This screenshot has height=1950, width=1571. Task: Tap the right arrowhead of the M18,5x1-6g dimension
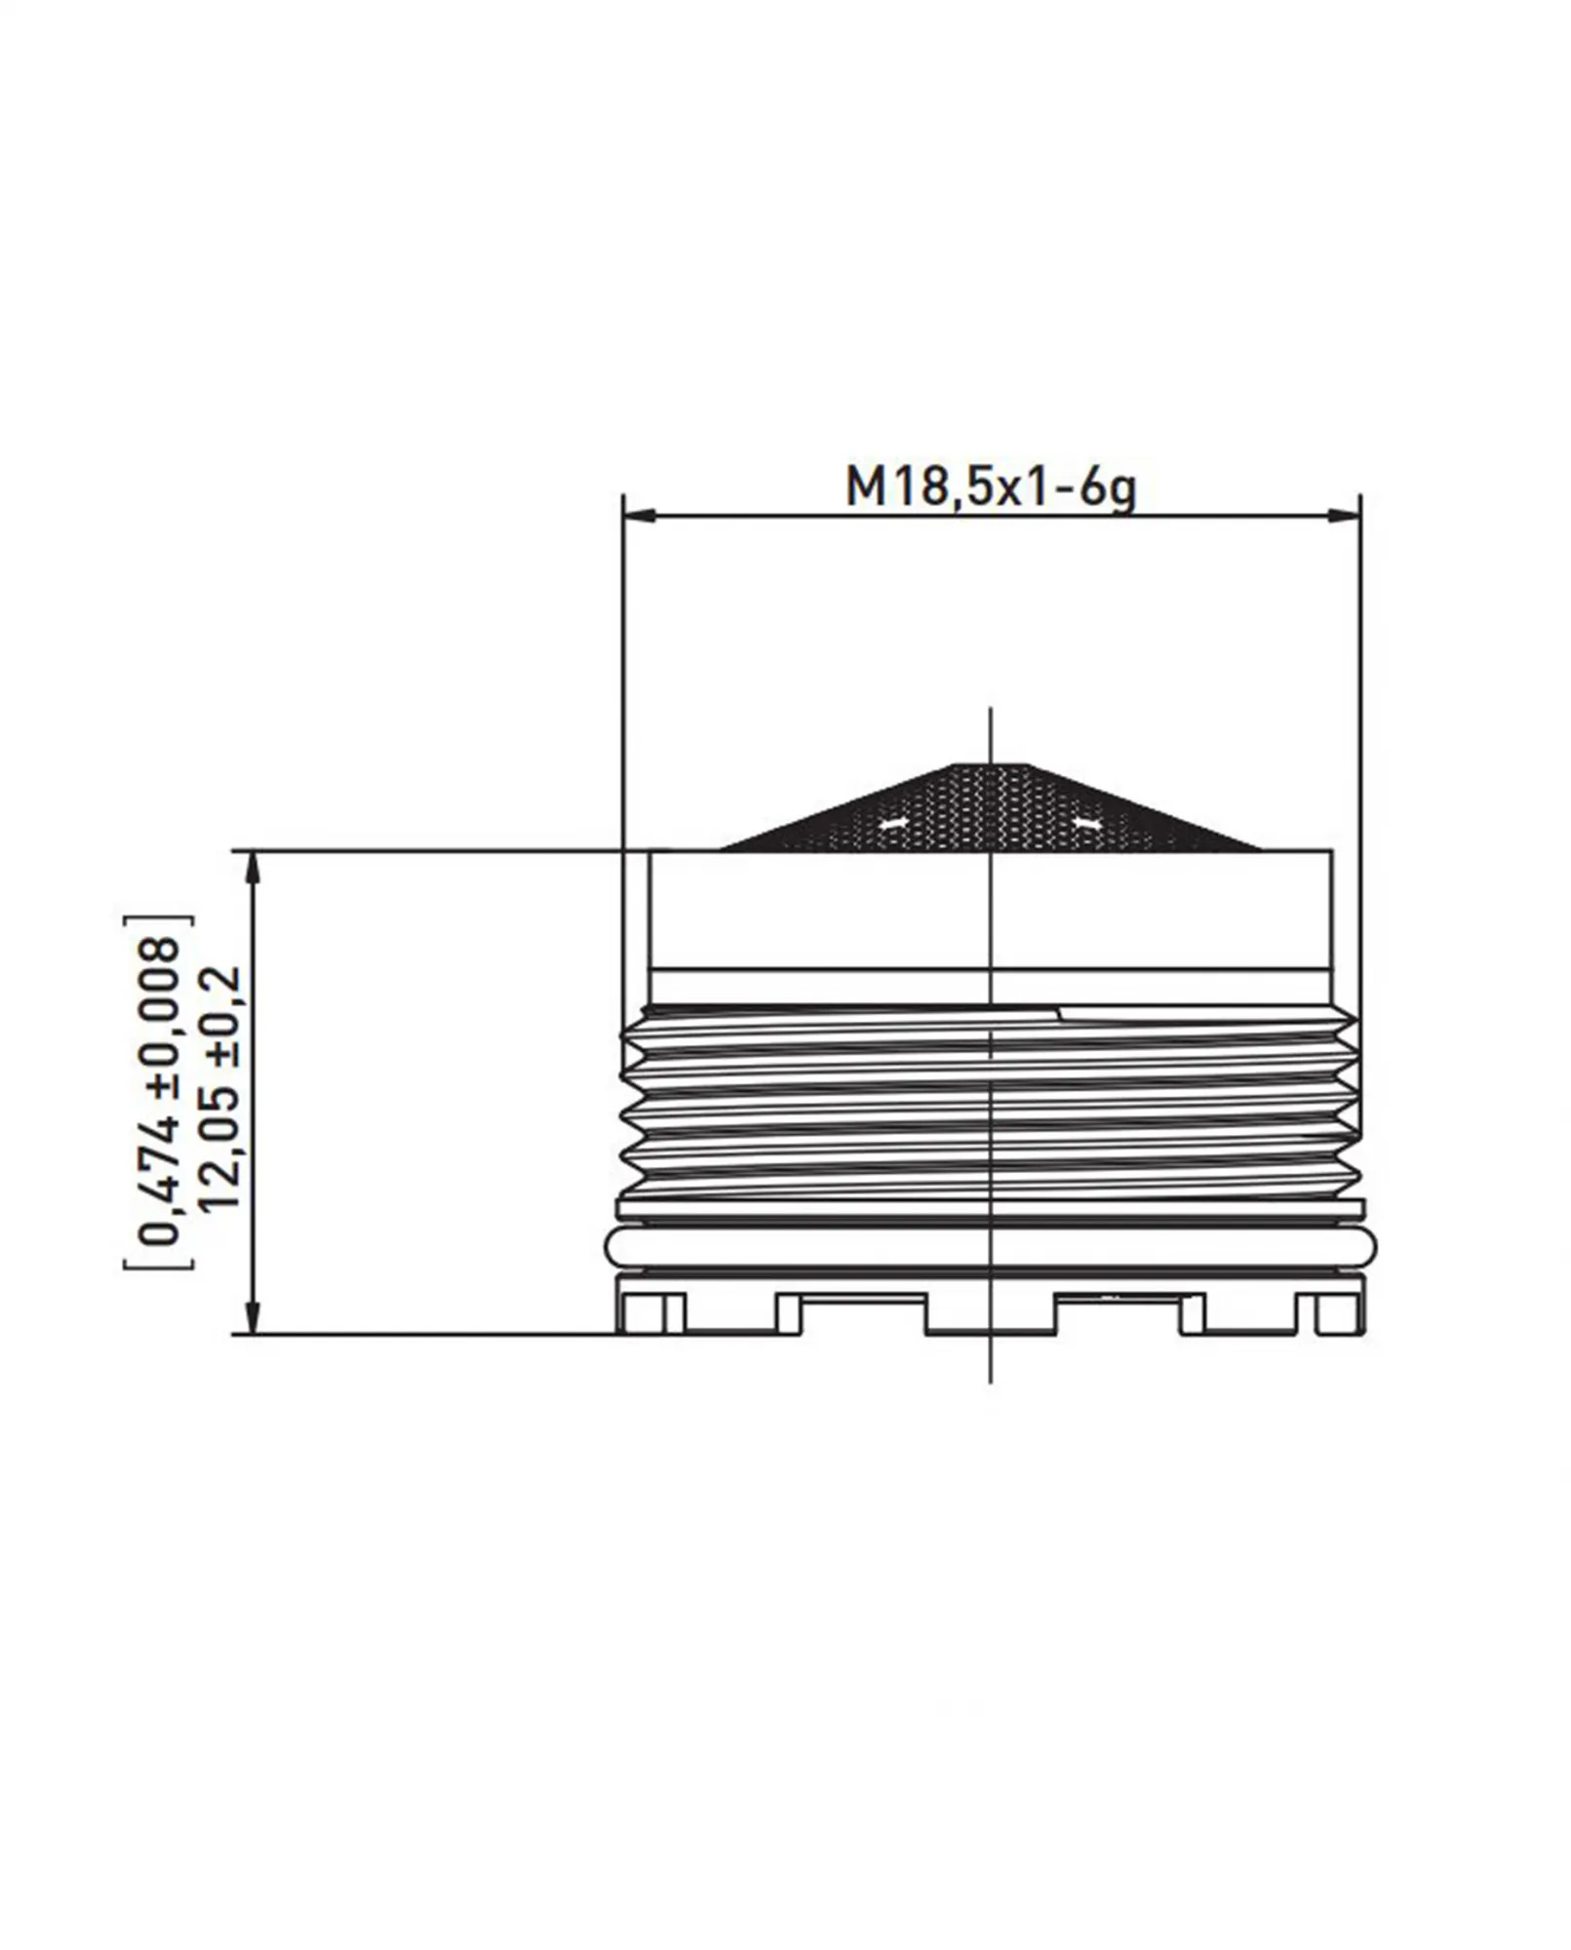click(1346, 513)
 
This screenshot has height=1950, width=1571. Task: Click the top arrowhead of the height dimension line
click(254, 866)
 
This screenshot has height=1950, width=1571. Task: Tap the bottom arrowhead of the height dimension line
click(254, 1319)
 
